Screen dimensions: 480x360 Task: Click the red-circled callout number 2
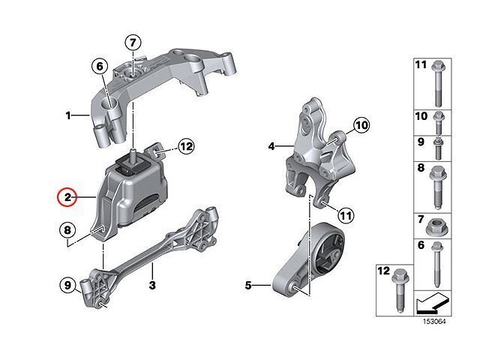point(67,197)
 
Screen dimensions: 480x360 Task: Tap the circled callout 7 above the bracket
point(133,43)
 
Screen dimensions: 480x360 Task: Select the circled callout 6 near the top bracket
point(100,67)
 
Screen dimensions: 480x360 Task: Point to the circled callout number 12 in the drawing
point(186,147)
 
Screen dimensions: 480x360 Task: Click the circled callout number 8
point(67,230)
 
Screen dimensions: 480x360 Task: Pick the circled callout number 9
point(67,285)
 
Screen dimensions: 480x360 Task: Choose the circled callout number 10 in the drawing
point(361,125)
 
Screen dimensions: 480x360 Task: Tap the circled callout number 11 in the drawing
point(346,215)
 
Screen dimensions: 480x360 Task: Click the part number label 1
point(68,115)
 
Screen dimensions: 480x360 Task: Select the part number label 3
point(152,285)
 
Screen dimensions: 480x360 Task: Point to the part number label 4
point(271,147)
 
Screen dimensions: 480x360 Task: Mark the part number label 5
point(248,285)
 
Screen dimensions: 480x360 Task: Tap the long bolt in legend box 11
point(438,83)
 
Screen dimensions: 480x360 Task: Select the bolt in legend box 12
point(398,290)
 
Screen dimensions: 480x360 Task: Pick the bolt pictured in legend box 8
point(438,187)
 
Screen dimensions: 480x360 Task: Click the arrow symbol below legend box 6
point(432,304)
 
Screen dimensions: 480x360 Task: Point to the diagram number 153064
point(434,322)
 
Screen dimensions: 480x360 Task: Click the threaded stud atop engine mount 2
point(133,154)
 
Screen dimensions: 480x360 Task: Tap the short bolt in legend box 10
point(438,123)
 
